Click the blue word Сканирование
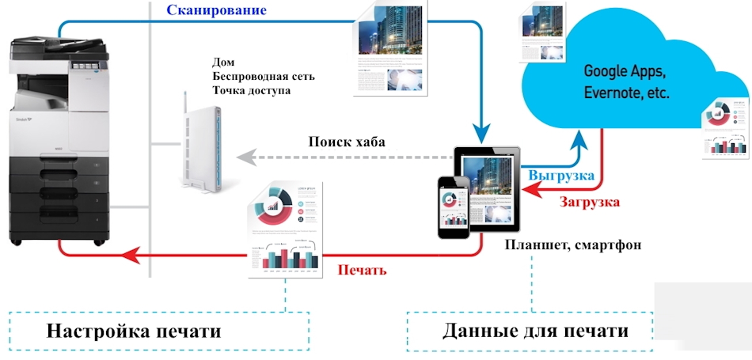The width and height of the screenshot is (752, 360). pyautogui.click(x=215, y=11)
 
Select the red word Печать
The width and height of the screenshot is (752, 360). pyautogui.click(x=362, y=270)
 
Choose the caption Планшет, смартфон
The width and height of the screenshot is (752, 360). pyautogui.click(x=572, y=244)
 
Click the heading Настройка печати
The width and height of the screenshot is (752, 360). pyautogui.click(x=133, y=330)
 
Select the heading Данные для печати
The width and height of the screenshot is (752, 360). pyautogui.click(x=536, y=330)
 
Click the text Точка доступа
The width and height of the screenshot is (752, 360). pyautogui.click(x=251, y=91)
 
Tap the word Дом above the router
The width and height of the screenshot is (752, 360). pyautogui.click(x=224, y=62)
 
